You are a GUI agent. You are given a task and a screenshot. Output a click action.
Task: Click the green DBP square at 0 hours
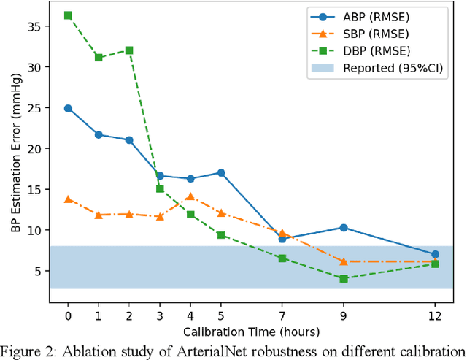tap(68, 15)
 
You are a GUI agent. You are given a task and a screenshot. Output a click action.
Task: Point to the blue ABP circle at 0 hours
tap(68, 108)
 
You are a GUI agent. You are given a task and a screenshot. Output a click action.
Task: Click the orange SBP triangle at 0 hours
tap(68, 199)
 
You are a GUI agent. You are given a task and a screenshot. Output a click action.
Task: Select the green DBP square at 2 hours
tap(129, 50)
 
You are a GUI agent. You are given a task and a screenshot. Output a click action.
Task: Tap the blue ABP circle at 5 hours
tap(221, 173)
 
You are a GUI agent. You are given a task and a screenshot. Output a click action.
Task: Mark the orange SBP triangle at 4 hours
tap(190, 196)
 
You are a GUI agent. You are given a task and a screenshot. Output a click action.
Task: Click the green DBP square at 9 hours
tap(344, 278)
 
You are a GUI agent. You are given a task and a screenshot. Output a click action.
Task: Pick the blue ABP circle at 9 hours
tap(344, 228)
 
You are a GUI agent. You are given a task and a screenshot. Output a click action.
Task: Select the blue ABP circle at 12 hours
tap(436, 254)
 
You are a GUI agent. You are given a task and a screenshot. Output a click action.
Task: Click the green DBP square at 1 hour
tap(99, 58)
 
